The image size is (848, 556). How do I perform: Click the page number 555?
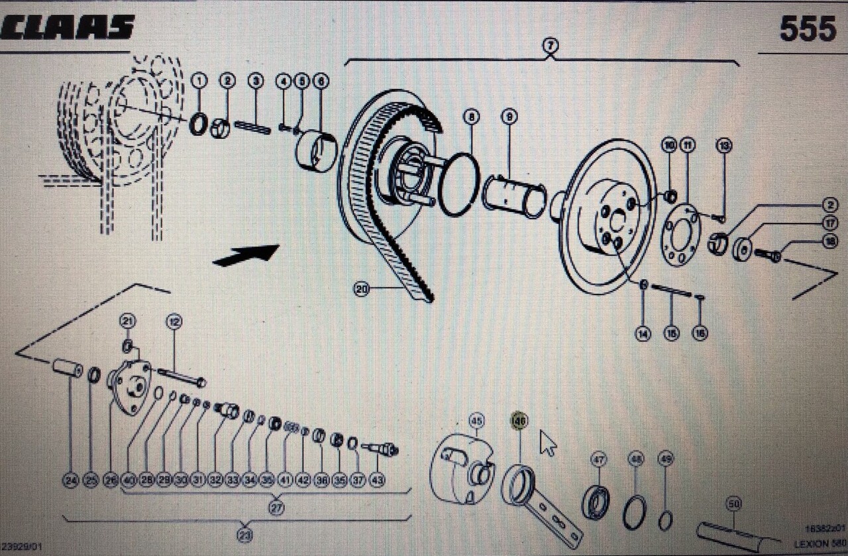(807, 28)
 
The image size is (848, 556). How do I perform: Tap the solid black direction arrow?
(246, 255)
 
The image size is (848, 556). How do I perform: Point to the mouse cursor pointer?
(547, 443)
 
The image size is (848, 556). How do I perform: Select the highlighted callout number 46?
(519, 420)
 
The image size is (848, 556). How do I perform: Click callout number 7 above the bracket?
(550, 46)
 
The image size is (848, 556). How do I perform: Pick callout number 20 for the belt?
(361, 289)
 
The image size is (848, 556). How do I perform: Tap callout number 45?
(476, 420)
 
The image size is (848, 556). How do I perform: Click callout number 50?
(733, 504)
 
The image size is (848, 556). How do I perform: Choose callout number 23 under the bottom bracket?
(245, 535)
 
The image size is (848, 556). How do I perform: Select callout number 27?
(276, 508)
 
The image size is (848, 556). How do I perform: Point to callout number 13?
(724, 145)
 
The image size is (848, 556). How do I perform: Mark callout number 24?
(71, 480)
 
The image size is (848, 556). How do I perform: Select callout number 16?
(700, 333)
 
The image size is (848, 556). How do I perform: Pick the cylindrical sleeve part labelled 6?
(316, 151)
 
